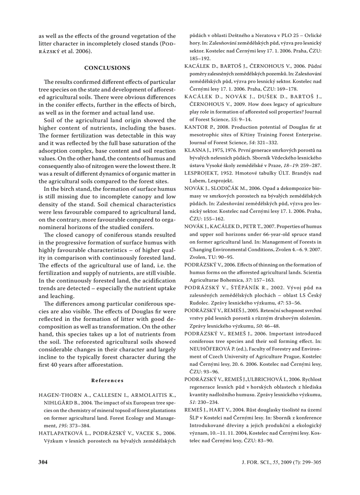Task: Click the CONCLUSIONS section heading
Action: pos(107,68)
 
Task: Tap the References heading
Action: pos(107,380)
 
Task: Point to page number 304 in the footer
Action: pos(43,462)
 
